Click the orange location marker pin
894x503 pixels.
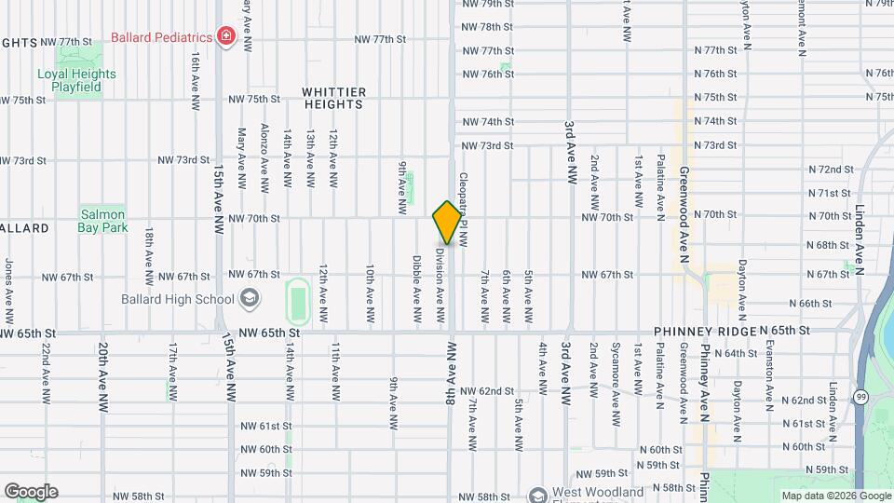pyautogui.click(x=447, y=223)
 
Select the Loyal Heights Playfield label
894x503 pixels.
pyautogui.click(x=76, y=81)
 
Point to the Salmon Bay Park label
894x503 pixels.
pyautogui.click(x=102, y=220)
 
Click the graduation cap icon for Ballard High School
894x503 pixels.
pyautogui.click(x=249, y=299)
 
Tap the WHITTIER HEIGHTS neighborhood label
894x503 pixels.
pyautogui.click(x=334, y=98)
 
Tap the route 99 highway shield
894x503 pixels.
pyautogui.click(x=861, y=398)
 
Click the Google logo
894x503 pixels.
pyautogui.click(x=31, y=491)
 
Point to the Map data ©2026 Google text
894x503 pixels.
pyautogui.click(x=834, y=496)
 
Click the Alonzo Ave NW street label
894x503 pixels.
pyautogui.click(x=264, y=158)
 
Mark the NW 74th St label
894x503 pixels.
pyautogui.click(x=488, y=122)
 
